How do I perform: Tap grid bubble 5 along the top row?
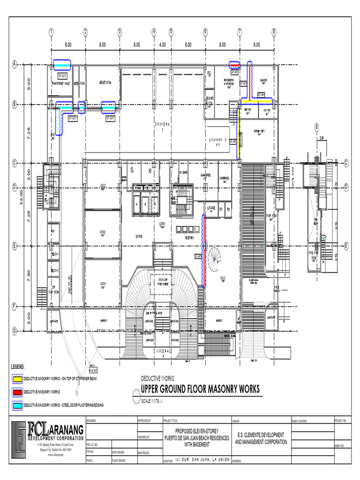(171, 32)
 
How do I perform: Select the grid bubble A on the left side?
(14, 64)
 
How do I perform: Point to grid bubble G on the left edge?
(14, 331)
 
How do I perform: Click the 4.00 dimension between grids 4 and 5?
(162, 45)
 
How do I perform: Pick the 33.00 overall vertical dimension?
(21, 197)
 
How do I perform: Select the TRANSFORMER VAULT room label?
(60, 83)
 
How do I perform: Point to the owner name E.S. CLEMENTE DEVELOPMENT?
(261, 435)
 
